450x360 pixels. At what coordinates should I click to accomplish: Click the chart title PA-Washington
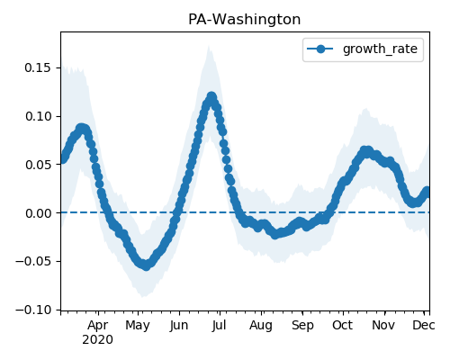(244, 20)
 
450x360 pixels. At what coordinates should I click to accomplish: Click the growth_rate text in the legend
(380, 49)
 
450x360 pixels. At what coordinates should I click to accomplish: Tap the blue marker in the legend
(320, 49)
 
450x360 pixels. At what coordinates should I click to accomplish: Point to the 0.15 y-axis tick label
(38, 67)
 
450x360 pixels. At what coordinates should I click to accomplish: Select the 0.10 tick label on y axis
(38, 116)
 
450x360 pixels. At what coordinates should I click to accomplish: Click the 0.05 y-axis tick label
(38, 165)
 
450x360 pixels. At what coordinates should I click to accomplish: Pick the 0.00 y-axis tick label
(38, 213)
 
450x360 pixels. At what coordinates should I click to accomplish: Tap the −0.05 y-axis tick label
(33, 261)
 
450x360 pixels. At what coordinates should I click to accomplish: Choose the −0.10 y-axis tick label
(33, 310)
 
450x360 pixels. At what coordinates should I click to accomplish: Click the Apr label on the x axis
(98, 326)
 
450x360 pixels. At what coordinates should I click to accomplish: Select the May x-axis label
(138, 326)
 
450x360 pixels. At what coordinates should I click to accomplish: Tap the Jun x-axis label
(179, 326)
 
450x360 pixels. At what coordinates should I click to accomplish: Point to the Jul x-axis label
(219, 326)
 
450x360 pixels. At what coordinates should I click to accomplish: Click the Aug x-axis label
(261, 326)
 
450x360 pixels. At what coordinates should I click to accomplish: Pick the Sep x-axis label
(302, 326)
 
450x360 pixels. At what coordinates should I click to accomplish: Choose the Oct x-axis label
(343, 326)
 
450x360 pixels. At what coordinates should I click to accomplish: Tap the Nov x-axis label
(383, 326)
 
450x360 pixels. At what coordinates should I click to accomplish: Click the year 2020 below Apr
(98, 340)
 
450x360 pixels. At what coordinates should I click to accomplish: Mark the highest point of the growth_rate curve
(211, 96)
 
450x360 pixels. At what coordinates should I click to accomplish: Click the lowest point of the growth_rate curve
(146, 265)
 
